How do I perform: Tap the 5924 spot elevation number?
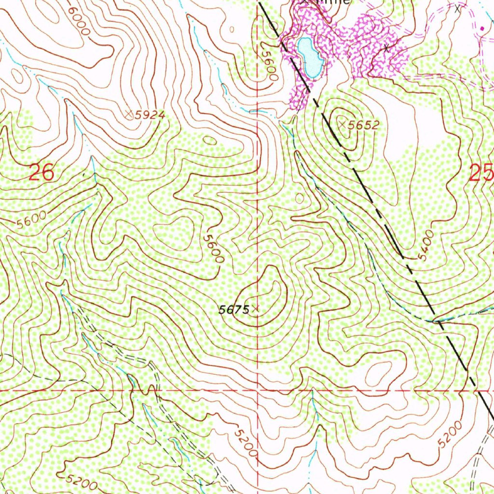[150, 115]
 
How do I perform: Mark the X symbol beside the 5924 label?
[129, 114]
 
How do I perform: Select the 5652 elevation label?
[364, 125]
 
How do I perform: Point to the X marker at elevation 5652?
[343, 124]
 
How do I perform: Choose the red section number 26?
[41, 172]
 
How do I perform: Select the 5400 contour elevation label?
[426, 246]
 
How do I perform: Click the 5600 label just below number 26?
[31, 220]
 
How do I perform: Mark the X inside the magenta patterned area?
[386, 48]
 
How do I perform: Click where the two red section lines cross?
[257, 389]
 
